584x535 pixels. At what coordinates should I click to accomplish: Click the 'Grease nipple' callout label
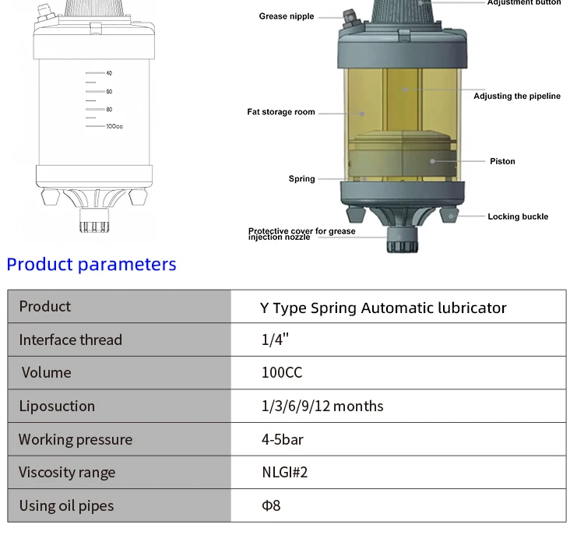286,16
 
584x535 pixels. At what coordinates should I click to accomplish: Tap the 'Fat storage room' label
281,112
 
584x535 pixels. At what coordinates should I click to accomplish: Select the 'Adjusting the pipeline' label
516,97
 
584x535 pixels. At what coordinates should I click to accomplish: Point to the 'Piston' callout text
502,161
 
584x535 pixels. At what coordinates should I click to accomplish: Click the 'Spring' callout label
301,179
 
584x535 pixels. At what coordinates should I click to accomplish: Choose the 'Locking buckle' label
518,216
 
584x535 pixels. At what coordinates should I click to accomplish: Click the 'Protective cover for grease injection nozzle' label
301,234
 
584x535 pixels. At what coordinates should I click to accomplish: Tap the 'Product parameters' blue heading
91,265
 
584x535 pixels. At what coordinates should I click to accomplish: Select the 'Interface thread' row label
70,340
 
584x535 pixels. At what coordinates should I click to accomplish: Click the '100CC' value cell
281,373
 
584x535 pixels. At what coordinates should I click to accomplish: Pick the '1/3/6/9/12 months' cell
322,406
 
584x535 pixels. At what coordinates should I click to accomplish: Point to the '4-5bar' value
282,439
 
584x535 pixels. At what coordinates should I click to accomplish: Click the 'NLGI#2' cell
284,473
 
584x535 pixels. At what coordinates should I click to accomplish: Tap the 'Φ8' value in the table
270,505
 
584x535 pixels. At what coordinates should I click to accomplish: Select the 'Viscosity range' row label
67,473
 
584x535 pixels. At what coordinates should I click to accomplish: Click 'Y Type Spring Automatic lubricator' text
382,308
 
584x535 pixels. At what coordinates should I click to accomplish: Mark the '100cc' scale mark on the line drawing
114,125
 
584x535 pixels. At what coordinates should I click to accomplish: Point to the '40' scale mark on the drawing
109,73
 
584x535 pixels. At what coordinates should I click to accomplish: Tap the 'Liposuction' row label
57,406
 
